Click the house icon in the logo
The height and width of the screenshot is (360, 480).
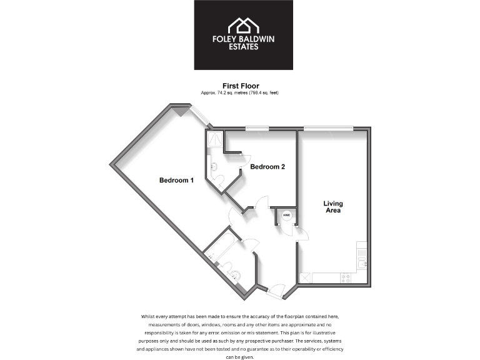(x=242, y=25)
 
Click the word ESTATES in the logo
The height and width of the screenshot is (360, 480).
(x=243, y=47)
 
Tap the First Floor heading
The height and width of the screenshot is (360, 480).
(x=241, y=86)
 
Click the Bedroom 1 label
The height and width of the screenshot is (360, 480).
(x=176, y=181)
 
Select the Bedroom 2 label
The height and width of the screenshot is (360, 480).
(x=267, y=167)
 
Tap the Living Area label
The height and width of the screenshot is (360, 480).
(x=332, y=207)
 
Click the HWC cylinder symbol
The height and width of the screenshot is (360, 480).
(x=287, y=216)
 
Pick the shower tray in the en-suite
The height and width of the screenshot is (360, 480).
(x=214, y=139)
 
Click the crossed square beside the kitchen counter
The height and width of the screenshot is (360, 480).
(x=306, y=278)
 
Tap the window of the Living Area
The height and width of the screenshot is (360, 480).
(x=327, y=129)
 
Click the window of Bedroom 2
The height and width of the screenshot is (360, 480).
(x=257, y=129)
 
